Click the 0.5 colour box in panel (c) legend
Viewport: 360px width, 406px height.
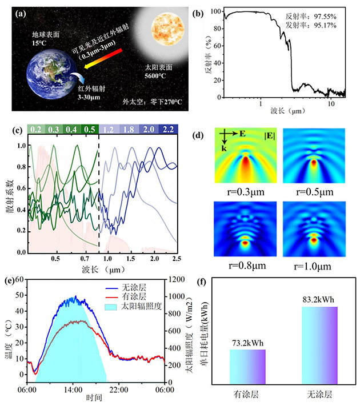(89, 129)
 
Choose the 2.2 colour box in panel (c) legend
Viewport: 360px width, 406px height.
(169, 129)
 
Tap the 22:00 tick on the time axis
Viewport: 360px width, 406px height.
(119, 390)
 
